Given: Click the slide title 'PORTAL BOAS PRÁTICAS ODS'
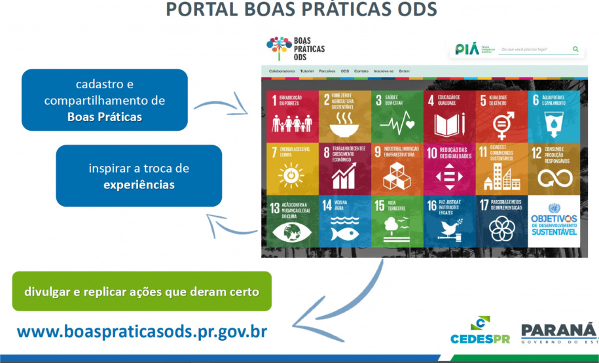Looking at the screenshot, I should coord(301,10).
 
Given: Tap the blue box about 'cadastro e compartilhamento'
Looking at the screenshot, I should coord(105,100).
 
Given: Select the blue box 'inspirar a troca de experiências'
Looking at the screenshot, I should coord(139,176).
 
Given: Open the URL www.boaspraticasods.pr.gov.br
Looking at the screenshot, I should coord(142,330).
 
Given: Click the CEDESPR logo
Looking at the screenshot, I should coord(480,330).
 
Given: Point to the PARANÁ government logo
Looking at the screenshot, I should coord(559,332).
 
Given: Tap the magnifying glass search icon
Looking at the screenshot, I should coord(575,49).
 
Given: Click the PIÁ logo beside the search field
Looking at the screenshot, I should coord(467,49).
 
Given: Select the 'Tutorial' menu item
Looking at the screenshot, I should coord(306,71).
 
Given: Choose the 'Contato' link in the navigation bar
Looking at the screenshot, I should coord(361,71).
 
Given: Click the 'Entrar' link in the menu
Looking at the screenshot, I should coord(404,71).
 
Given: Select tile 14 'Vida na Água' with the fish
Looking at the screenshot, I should coord(344,220).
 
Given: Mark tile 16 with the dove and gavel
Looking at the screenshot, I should coord(448,220).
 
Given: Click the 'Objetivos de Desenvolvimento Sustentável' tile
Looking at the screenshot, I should coord(554,220).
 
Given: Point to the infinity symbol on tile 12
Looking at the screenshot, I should coord(554,177).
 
